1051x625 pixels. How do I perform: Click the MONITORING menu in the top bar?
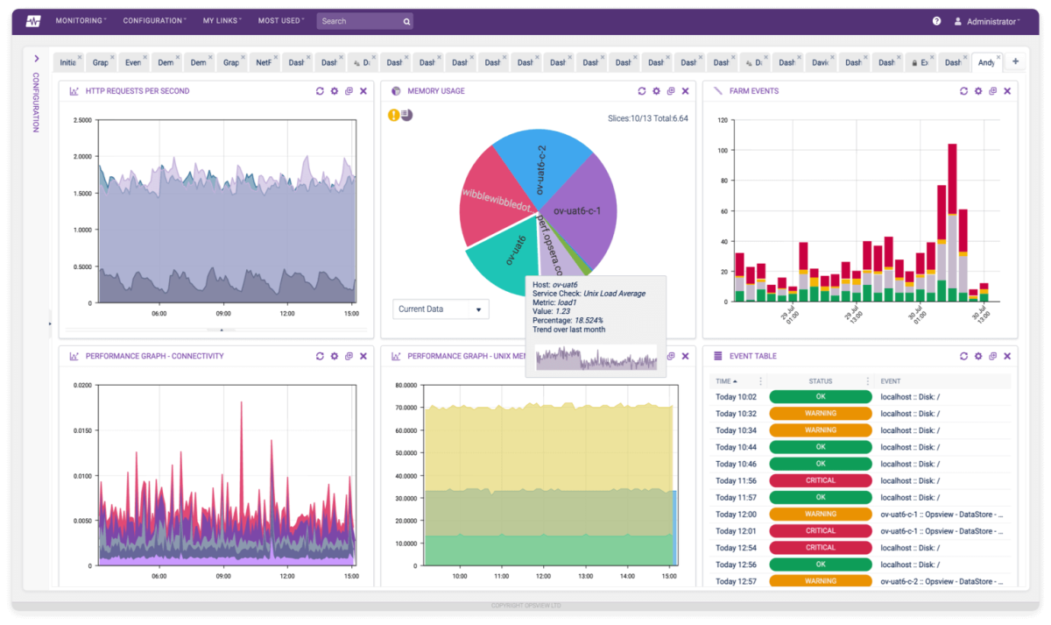(x=81, y=20)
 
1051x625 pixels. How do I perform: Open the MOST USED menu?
(x=280, y=20)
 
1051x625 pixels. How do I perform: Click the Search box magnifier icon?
(x=406, y=21)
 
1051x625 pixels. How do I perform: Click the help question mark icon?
(x=936, y=21)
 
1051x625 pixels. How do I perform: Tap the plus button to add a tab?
(x=1015, y=61)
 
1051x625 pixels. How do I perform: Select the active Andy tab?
(x=985, y=62)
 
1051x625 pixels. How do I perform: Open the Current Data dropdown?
(x=441, y=309)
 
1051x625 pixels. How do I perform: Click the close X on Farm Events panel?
(x=1007, y=91)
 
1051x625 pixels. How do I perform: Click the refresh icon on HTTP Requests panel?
(x=320, y=91)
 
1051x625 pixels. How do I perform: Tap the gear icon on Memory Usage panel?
(x=656, y=91)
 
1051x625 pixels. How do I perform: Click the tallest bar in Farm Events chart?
(x=952, y=219)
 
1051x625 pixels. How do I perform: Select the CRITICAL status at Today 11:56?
(x=821, y=480)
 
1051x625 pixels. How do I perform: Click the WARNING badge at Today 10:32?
(x=821, y=414)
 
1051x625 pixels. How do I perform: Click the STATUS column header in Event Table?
(x=821, y=381)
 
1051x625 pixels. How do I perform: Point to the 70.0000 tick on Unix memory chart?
(x=405, y=408)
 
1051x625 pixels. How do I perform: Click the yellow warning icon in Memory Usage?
(x=394, y=115)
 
